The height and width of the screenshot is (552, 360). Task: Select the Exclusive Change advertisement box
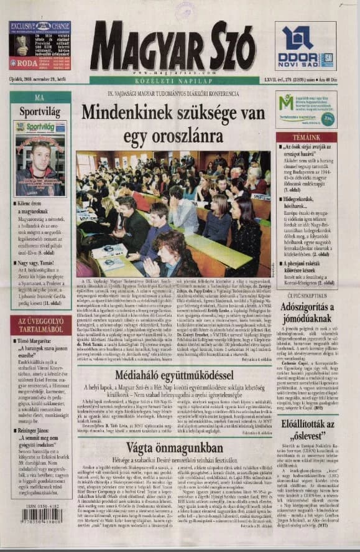point(39,45)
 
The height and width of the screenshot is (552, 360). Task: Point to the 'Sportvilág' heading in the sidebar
point(39,113)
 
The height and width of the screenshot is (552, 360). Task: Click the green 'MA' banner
point(39,98)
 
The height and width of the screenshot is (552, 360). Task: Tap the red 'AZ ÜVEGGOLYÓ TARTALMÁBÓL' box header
point(40,325)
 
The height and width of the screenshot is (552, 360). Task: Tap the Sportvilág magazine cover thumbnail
point(39,159)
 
